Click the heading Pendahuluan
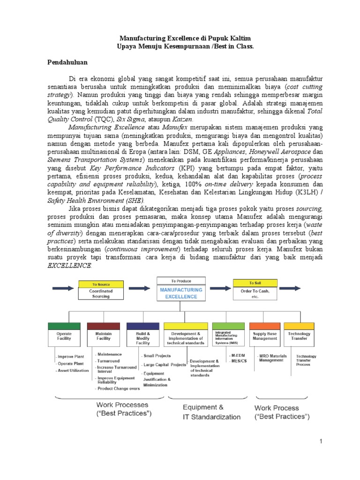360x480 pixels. [x=69, y=61]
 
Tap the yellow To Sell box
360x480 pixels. [x=255, y=283]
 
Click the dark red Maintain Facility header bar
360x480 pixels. [x=104, y=326]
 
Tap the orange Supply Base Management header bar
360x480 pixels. [x=265, y=325]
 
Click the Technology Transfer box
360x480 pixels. [x=298, y=334]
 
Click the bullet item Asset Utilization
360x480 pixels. [x=74, y=370]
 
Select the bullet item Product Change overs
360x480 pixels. [x=118, y=389]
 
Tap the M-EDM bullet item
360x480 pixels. [x=238, y=355]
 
